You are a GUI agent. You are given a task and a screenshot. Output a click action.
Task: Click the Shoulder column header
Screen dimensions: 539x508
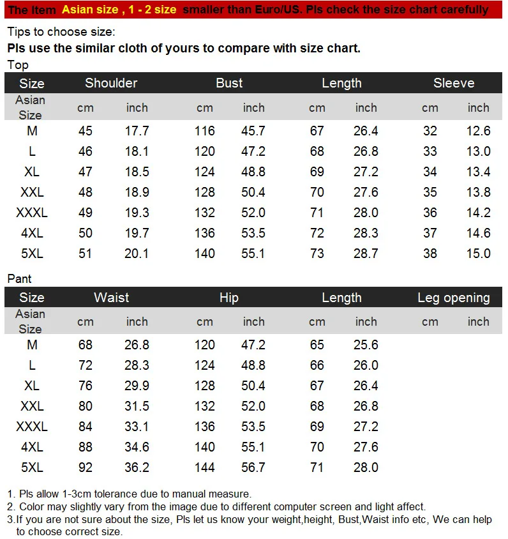point(111,83)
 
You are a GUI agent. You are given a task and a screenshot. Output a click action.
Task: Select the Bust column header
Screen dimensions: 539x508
point(229,83)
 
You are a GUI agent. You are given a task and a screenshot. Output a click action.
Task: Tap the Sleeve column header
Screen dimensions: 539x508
point(454,83)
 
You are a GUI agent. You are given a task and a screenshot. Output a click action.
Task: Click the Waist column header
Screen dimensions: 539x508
point(111,298)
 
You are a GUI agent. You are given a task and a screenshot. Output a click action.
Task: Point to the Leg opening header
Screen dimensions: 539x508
point(454,298)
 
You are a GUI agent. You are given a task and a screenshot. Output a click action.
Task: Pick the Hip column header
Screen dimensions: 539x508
point(228,298)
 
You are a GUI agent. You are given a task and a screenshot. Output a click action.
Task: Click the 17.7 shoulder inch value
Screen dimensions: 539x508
point(137,131)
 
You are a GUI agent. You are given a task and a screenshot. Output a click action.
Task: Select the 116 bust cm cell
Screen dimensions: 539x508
point(205,131)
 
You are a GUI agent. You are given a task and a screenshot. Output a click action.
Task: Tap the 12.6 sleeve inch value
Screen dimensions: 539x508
point(478,131)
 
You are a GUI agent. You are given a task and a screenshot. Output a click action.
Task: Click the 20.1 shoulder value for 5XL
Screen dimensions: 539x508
point(137,254)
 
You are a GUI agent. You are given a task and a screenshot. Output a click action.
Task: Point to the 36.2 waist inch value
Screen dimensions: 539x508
point(137,467)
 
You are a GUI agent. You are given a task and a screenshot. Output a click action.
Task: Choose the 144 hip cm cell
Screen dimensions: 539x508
point(205,467)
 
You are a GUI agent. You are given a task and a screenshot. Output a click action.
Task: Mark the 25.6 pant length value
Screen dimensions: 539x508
point(366,345)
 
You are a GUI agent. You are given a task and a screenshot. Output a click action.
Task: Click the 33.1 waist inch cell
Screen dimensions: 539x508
point(137,427)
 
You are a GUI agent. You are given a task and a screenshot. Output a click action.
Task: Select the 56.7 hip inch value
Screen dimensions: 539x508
point(253,467)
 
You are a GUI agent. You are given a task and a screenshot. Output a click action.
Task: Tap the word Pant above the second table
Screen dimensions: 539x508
point(19,278)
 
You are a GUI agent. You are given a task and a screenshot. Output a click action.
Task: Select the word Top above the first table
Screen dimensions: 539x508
point(18,65)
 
